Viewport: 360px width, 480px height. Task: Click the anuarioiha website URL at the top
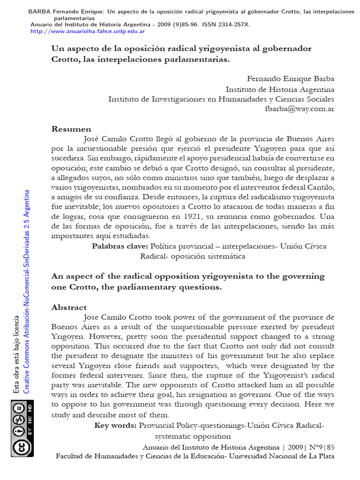pos(87,31)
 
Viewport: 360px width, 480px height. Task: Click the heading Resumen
pos(71,129)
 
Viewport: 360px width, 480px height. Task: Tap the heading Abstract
pos(69,307)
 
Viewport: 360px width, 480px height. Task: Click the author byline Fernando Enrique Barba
pos(291,79)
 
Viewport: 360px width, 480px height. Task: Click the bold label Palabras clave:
pos(120,246)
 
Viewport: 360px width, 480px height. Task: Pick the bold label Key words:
pos(115,425)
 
